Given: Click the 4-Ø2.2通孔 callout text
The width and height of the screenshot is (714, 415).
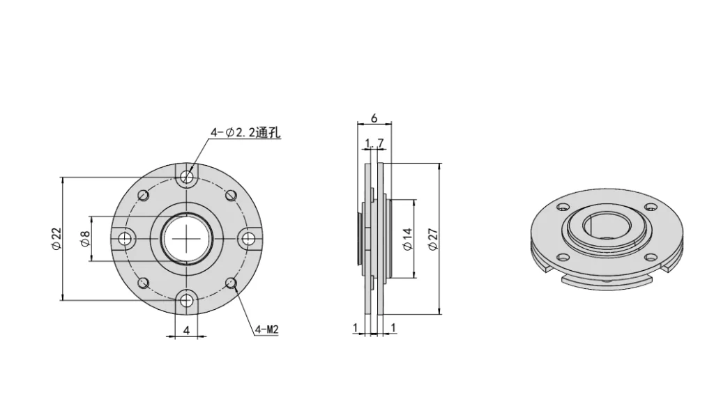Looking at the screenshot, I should tap(245, 132).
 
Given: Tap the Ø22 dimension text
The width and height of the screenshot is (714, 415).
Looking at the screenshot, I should tap(56, 238).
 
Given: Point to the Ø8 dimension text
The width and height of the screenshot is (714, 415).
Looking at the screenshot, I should tap(84, 238).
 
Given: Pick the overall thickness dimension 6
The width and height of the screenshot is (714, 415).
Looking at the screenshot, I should tap(374, 118).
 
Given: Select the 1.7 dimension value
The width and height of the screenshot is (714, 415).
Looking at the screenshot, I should tap(374, 144).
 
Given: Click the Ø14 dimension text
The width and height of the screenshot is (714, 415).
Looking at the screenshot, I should tap(407, 238).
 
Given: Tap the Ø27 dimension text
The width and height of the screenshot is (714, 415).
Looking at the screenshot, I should tap(433, 238).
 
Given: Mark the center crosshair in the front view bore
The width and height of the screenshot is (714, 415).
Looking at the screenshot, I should tap(187, 238).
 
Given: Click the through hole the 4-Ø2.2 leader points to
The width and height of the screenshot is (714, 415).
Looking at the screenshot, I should tap(187, 177).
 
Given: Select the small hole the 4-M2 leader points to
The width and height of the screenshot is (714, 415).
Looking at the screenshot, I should tap(231, 282).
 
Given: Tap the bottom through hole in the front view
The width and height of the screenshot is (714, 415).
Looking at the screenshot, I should tap(187, 300).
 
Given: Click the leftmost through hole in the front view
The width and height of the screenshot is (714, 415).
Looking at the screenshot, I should tap(126, 239).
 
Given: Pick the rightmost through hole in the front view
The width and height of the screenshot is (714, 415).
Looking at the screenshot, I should tap(248, 239).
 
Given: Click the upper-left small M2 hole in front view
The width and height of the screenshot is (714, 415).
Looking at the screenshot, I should tap(143, 195).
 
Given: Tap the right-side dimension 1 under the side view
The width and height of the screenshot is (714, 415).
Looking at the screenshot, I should tap(394, 327).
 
